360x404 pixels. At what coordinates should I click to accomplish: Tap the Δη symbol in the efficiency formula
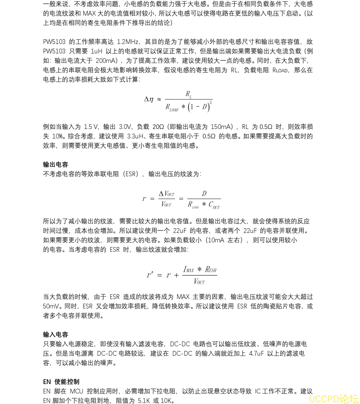click(149, 99)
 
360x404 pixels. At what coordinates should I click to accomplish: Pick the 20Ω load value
click(158, 127)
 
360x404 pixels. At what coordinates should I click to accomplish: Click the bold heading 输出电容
click(55, 165)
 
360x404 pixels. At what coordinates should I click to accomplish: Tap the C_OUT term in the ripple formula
click(214, 205)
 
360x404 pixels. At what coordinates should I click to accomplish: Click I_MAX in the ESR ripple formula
click(189, 270)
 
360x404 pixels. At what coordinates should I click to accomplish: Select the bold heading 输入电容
click(55, 335)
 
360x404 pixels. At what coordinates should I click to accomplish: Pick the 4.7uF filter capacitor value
click(256, 353)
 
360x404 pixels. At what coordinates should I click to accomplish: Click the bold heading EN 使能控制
click(61, 382)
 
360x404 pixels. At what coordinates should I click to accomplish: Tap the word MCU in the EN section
click(77, 391)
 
